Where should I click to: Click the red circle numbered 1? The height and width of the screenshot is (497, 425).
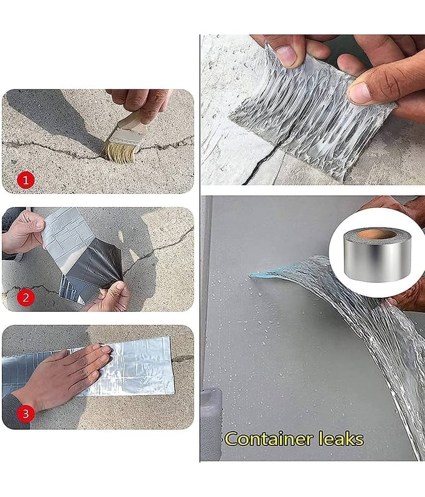point(26,181)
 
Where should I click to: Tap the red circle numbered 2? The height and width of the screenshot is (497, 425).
point(26,298)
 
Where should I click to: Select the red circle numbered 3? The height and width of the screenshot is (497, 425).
point(26,414)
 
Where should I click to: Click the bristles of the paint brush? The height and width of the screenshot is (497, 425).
point(119,152)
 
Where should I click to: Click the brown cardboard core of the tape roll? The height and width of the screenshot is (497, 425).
point(376,234)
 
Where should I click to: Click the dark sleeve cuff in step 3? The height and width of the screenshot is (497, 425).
point(16,412)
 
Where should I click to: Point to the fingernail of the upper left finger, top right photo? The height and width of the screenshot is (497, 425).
point(287,55)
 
